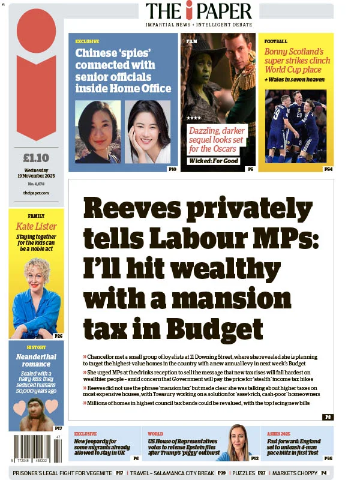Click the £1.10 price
coord(35,158)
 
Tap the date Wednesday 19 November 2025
coord(35,174)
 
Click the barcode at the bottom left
coord(35,448)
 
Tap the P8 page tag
coord(327,416)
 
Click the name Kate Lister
coord(36,226)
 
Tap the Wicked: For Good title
coord(214,161)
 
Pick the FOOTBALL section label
coord(276,41)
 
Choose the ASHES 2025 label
coord(278,433)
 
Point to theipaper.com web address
coord(35,193)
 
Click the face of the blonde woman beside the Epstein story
coord(238,437)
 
